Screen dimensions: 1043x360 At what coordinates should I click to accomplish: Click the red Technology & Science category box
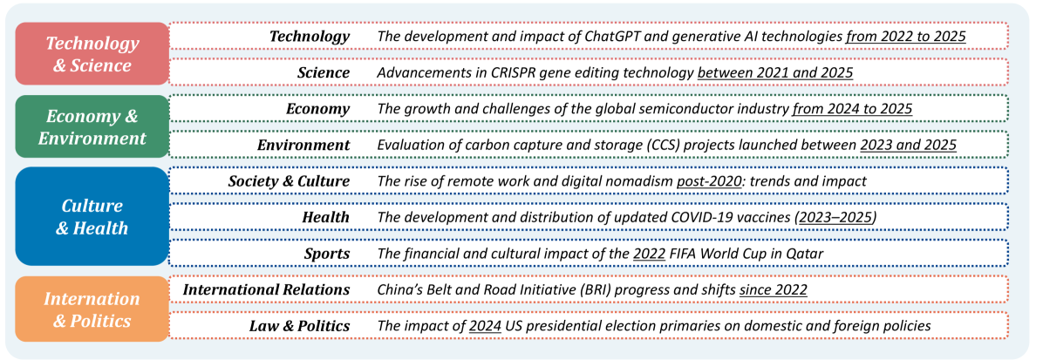pyautogui.click(x=92, y=54)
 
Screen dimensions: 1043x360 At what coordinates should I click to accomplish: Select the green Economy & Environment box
pyautogui.click(x=92, y=126)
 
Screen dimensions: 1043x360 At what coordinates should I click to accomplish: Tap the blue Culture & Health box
pyautogui.click(x=92, y=216)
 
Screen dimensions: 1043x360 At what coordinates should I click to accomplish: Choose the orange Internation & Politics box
pyautogui.click(x=92, y=309)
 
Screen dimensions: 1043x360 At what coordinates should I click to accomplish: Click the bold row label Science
pyautogui.click(x=324, y=71)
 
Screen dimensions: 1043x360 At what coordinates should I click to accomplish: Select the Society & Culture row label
pyautogui.click(x=289, y=180)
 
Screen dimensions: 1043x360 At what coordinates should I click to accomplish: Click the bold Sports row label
pyautogui.click(x=327, y=254)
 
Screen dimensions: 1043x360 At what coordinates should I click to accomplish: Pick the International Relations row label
pyautogui.click(x=266, y=289)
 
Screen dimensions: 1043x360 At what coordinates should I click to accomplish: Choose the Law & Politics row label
pyautogui.click(x=299, y=325)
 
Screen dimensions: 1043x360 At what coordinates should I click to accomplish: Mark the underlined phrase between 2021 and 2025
pyautogui.click(x=775, y=71)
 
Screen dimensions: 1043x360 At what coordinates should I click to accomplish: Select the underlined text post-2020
pyautogui.click(x=709, y=181)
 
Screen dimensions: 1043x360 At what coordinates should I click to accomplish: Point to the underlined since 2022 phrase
pyautogui.click(x=774, y=289)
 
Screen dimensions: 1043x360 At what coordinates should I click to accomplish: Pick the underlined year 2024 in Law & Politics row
pyautogui.click(x=485, y=325)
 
